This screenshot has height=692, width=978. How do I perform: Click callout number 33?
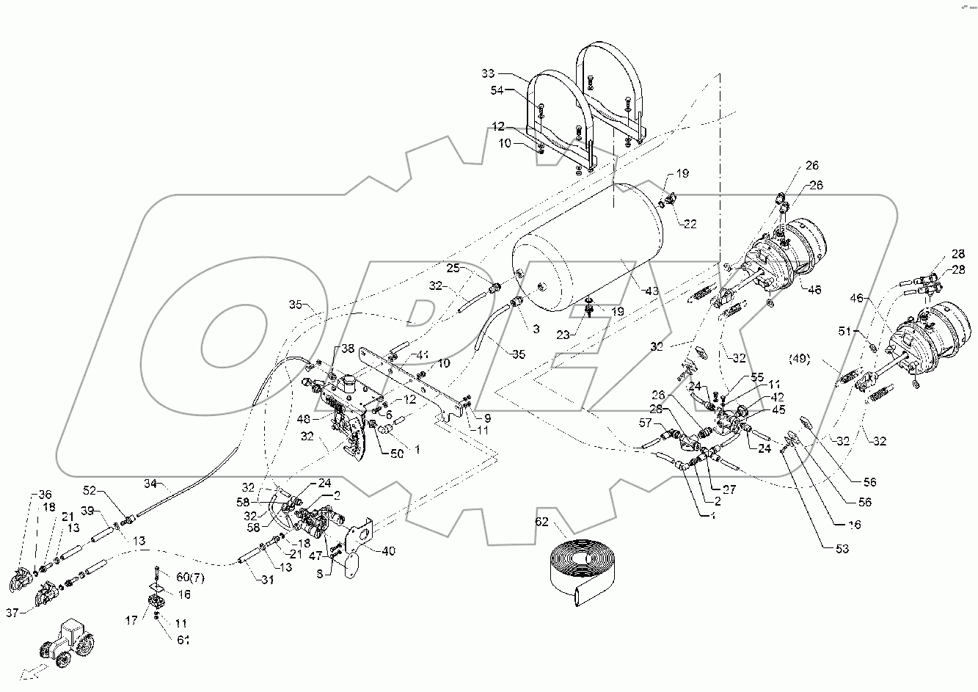[489, 73]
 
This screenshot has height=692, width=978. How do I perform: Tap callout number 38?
[347, 350]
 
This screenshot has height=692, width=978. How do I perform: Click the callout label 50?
[396, 455]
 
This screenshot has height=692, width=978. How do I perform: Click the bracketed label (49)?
[799, 359]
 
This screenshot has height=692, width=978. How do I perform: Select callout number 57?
[645, 423]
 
